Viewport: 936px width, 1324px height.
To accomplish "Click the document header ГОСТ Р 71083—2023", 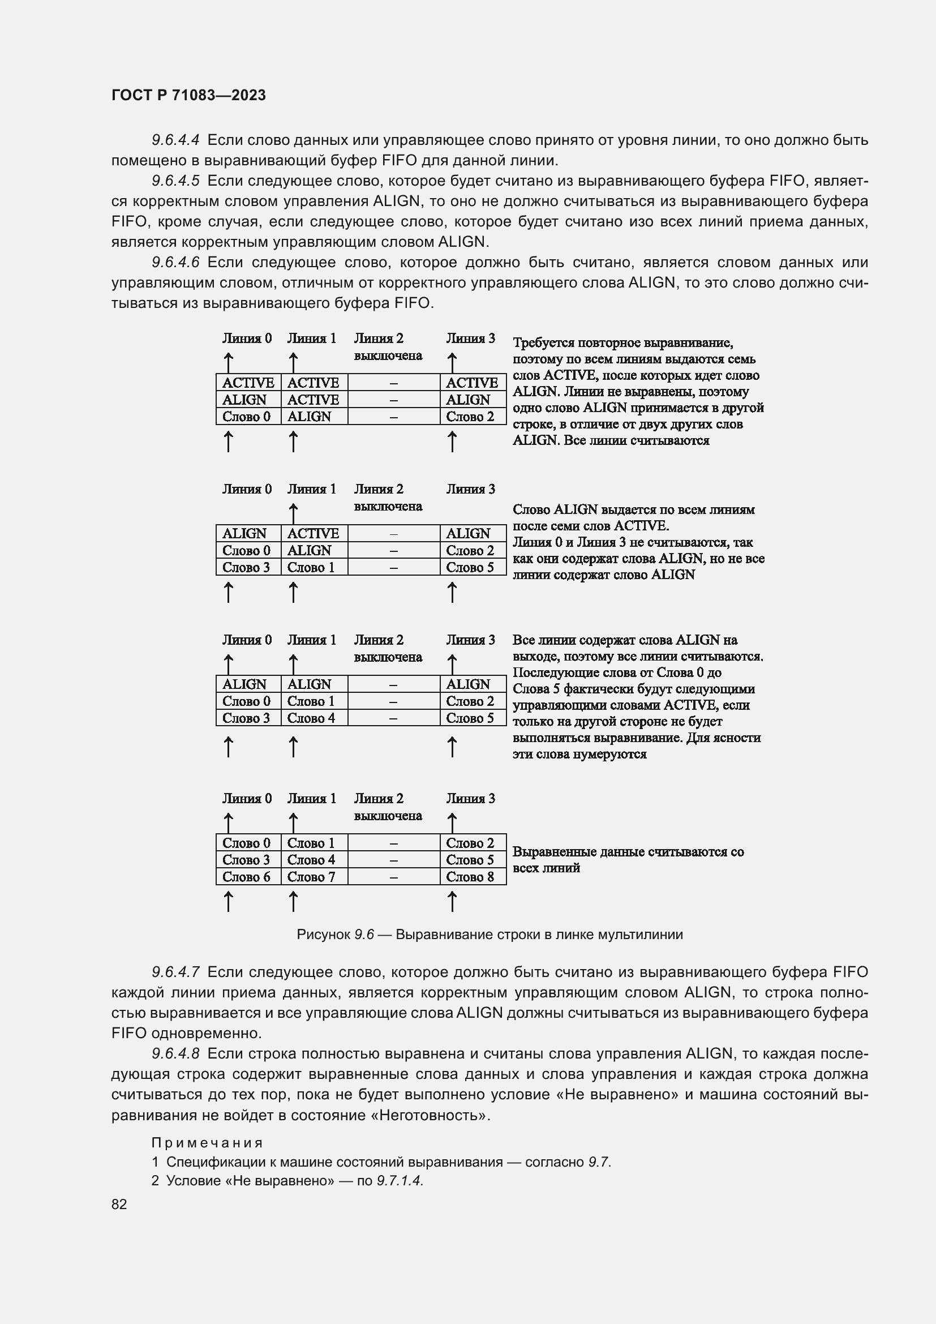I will click(188, 95).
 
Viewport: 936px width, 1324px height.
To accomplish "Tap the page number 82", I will click(119, 1204).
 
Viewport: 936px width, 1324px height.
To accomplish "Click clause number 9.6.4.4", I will click(175, 140).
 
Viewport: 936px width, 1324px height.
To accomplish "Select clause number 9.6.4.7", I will click(175, 972).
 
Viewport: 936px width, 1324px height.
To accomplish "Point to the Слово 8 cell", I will click(470, 876).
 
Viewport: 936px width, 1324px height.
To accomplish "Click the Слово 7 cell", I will click(311, 876).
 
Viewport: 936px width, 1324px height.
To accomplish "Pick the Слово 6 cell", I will click(246, 876).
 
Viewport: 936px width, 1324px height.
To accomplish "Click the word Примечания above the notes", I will click(208, 1143).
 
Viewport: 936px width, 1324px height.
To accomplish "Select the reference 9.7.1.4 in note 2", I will click(400, 1180).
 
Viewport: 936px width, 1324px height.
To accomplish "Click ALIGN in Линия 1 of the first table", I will click(309, 417).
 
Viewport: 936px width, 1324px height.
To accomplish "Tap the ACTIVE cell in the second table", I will click(313, 533).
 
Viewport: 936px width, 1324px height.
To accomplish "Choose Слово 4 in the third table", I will click(311, 718).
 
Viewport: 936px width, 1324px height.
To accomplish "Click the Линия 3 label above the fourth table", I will click(470, 799).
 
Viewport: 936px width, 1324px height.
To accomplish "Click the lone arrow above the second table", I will click(293, 513).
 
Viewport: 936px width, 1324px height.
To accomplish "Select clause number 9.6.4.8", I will click(175, 1053).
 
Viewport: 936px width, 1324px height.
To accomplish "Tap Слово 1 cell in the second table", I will click(311, 567).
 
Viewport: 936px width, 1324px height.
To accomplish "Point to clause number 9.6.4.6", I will click(175, 263).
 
